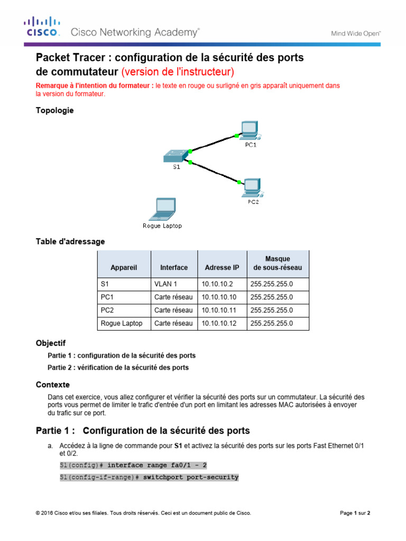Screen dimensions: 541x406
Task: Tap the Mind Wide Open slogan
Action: [x=356, y=33]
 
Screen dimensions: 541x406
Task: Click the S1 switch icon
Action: [x=175, y=155]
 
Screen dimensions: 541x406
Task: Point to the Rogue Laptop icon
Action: [x=162, y=209]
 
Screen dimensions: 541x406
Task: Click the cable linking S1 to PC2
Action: [x=214, y=172]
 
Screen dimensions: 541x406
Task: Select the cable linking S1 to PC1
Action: [x=211, y=143]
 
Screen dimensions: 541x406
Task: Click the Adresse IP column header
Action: [x=222, y=268]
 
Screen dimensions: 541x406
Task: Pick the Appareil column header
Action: [x=124, y=268]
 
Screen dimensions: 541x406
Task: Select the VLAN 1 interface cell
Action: [x=165, y=284]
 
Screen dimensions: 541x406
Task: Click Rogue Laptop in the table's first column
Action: [x=122, y=323]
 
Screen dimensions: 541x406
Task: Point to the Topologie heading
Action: [x=54, y=110]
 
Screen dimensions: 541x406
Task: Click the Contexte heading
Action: [x=52, y=385]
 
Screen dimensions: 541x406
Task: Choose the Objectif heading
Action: [x=51, y=343]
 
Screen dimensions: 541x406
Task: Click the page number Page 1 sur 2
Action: [x=354, y=512]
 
